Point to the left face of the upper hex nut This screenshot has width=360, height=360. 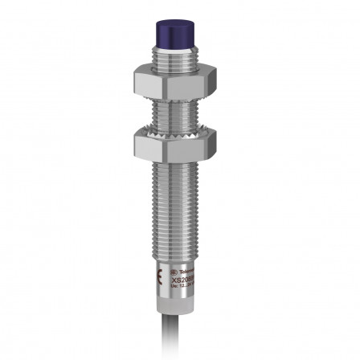141,80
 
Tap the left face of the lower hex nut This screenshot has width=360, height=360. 141,145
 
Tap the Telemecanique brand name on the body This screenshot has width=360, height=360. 186,273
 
